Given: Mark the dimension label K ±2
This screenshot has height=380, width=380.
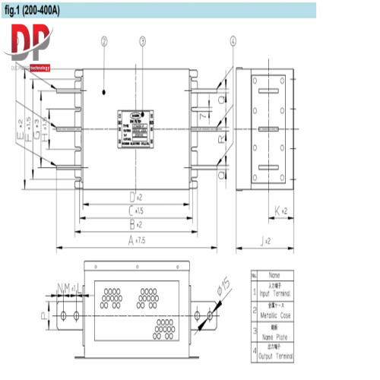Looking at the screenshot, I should (279, 211).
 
